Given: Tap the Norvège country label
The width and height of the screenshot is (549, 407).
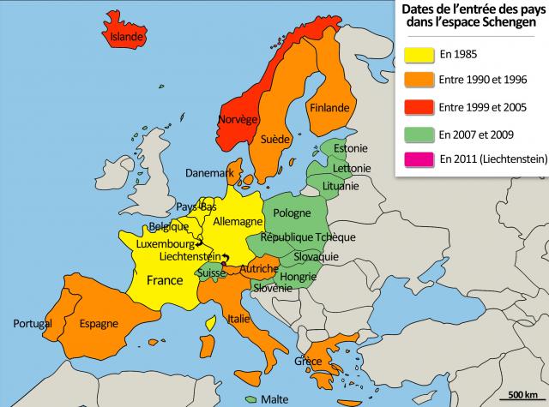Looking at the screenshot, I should (238, 119).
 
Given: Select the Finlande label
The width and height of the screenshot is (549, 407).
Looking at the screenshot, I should (329, 108).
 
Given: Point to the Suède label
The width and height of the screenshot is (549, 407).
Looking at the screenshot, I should (274, 138).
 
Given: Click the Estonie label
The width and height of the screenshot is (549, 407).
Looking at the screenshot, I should (350, 147).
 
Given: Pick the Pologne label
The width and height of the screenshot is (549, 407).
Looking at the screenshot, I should (292, 212).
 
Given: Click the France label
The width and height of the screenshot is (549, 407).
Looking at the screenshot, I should (165, 280).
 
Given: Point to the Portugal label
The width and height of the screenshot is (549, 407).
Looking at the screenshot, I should (33, 323).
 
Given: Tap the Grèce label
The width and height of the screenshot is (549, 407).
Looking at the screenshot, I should (308, 360).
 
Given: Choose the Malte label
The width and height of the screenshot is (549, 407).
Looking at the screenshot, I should (274, 398).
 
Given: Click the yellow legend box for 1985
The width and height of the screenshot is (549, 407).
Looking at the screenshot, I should (416, 56).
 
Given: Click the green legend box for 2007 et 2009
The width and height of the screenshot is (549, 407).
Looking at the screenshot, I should (416, 134).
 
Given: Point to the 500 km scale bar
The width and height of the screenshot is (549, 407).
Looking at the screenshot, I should (522, 399).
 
